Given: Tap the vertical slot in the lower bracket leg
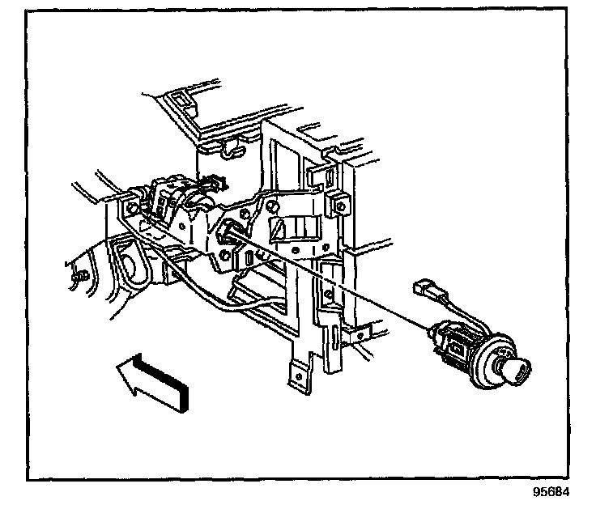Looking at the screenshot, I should pos(336,339).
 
